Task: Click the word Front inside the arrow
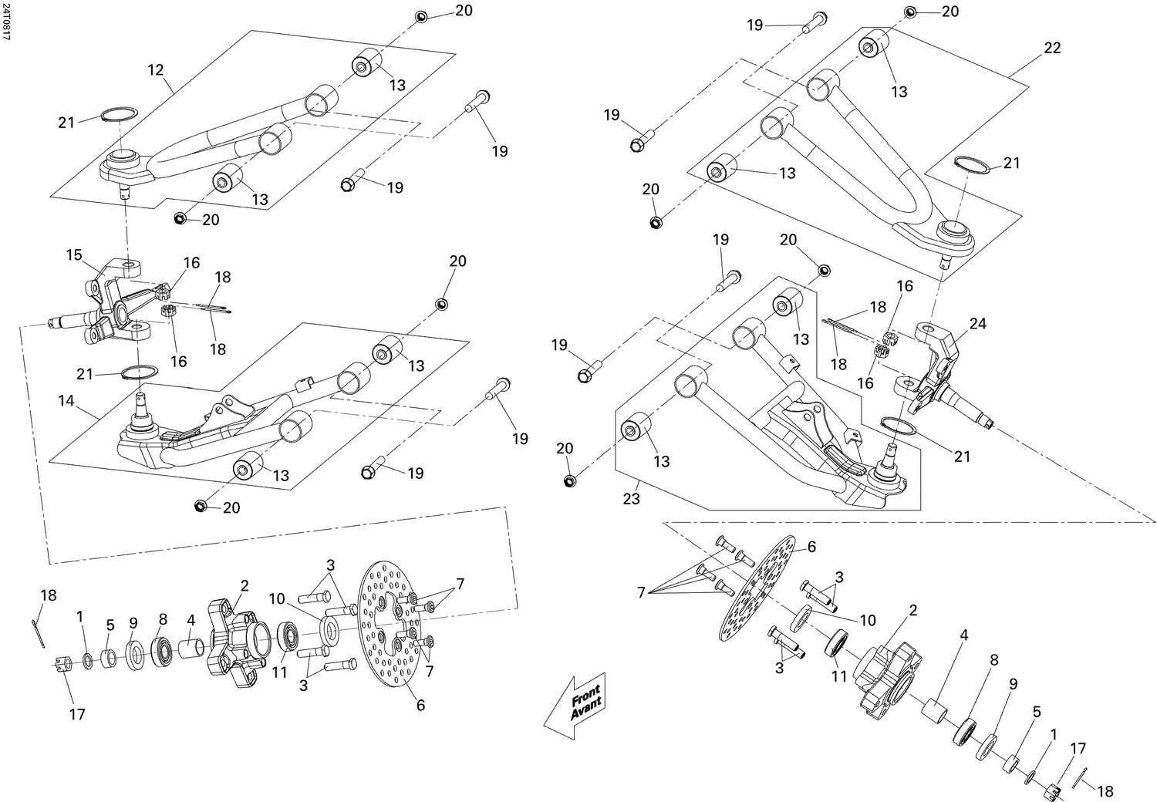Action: (585, 691)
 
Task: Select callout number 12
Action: (155, 70)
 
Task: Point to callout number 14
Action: (67, 401)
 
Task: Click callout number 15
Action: (73, 254)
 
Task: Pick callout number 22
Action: (1052, 48)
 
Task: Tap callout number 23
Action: (632, 499)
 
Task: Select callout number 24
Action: (977, 324)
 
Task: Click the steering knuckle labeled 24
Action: (937, 370)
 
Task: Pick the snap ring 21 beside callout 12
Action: (117, 115)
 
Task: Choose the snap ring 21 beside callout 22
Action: (970, 163)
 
